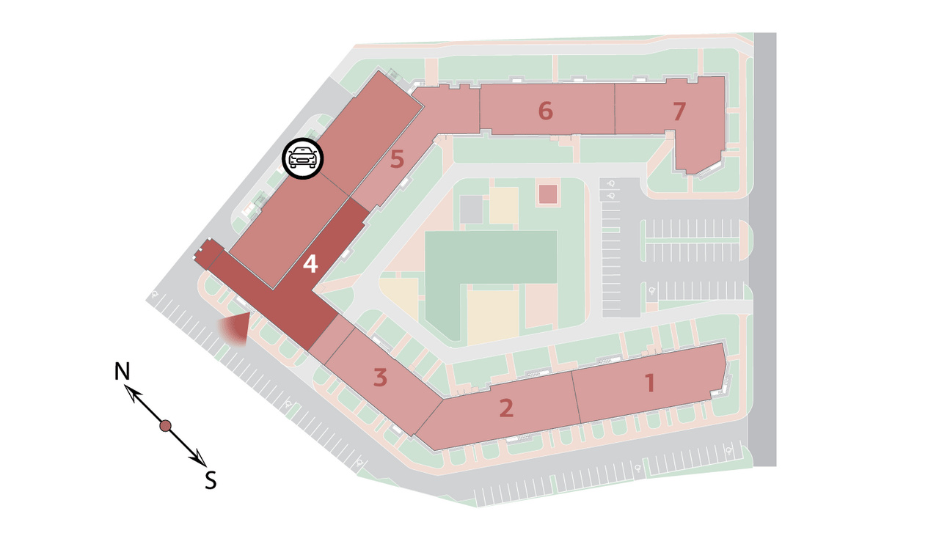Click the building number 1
[649, 383]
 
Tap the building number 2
[506, 408]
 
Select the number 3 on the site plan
[380, 378]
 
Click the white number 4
[310, 264]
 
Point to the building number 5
[397, 159]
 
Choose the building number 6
[545, 111]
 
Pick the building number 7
[679, 111]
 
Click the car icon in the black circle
[303, 158]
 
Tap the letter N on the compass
[122, 371]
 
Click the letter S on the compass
[211, 481]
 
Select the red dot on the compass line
[166, 426]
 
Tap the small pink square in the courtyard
[547, 194]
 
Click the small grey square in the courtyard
[472, 210]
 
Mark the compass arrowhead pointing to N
[133, 393]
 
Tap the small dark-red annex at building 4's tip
[209, 254]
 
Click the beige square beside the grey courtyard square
[504, 206]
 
